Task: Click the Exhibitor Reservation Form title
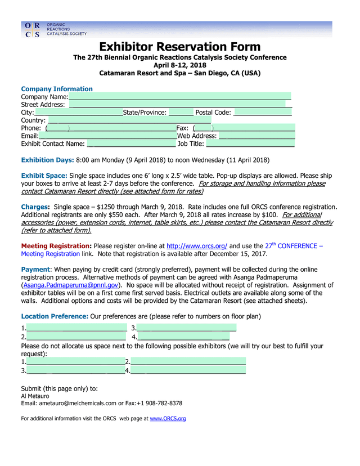[180, 47]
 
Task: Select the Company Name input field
[179, 97]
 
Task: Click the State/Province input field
[181, 113]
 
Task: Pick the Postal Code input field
[262, 113]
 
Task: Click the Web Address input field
[256, 136]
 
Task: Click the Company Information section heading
[57, 89]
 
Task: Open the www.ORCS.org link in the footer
[168, 419]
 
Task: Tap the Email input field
[107, 136]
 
